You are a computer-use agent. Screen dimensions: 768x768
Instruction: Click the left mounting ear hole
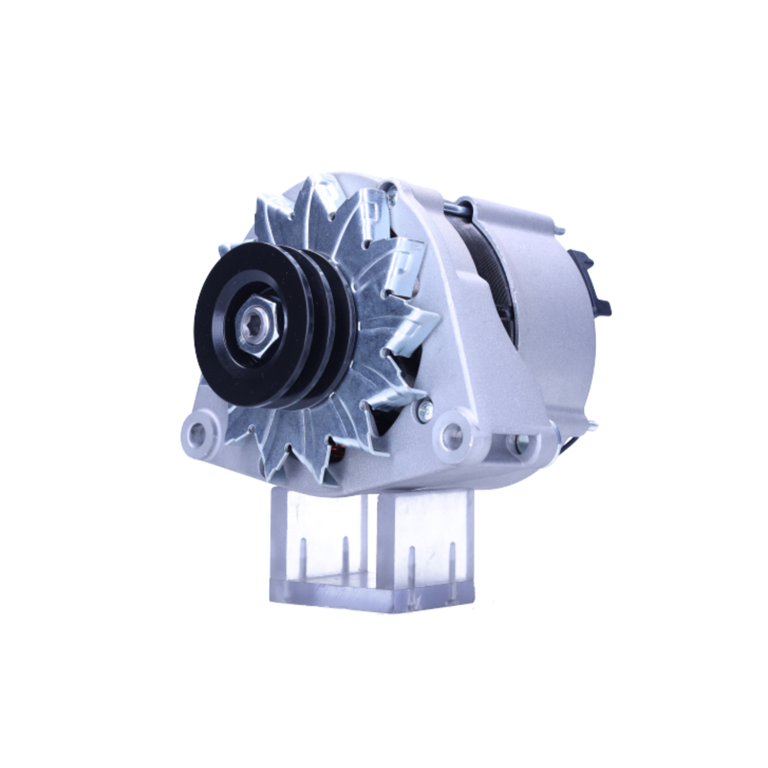click(x=198, y=435)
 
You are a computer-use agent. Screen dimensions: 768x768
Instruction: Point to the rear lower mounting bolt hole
click(x=522, y=442)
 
